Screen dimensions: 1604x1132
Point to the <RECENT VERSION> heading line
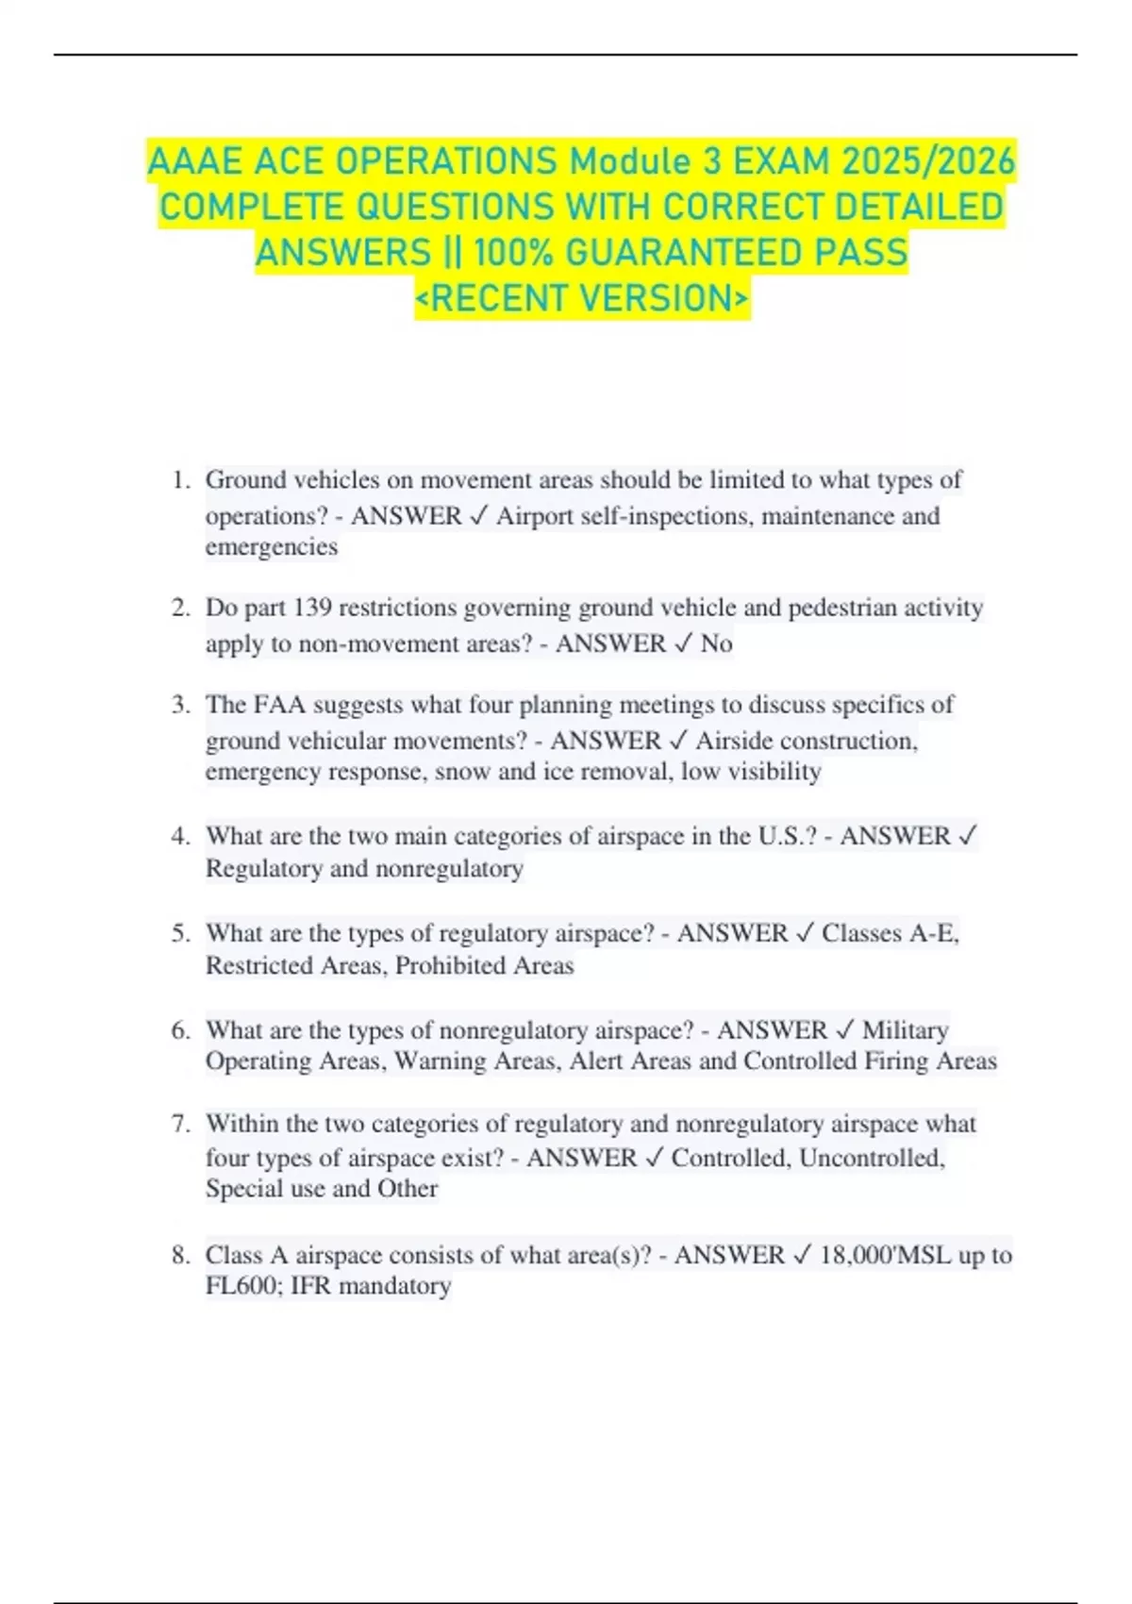tap(582, 298)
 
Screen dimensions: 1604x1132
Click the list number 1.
tap(180, 480)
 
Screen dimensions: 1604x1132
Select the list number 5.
tap(180, 934)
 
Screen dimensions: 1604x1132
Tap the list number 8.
tap(180, 1256)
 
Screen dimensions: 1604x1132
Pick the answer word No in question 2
tap(716, 643)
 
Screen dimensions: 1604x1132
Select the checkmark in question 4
tap(967, 836)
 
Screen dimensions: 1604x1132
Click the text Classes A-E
tap(890, 933)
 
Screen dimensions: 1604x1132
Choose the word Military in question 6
tap(906, 1030)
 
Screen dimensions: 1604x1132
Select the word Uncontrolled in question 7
tap(871, 1158)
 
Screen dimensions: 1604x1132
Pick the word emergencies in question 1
tap(272, 547)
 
